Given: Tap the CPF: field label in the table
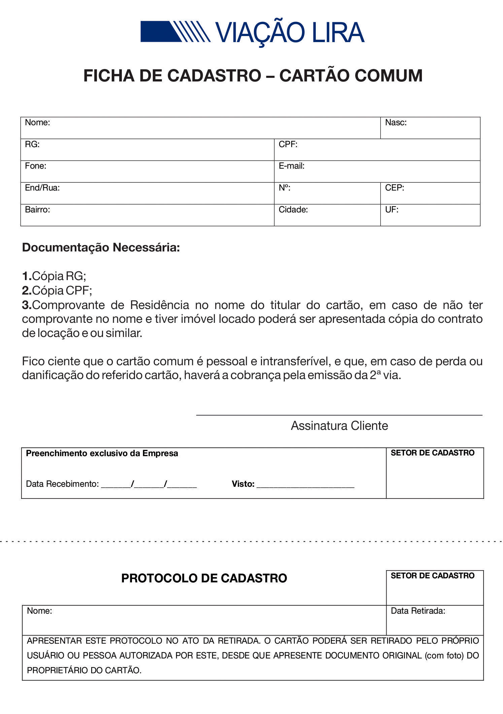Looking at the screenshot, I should click(x=288, y=144).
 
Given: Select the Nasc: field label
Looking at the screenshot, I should click(x=396, y=123).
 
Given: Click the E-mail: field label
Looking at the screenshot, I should click(x=292, y=166).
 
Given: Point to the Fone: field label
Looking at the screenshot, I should click(x=35, y=166).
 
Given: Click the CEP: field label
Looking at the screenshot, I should click(x=394, y=188).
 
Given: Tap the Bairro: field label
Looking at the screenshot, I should click(x=37, y=210).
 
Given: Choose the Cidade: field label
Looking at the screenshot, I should click(x=293, y=210).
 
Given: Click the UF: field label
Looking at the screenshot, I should click(x=392, y=210).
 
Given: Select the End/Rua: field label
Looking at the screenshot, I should click(x=42, y=188).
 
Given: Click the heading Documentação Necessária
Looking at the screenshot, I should click(x=101, y=247).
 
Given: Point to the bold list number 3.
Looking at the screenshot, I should click(x=27, y=305).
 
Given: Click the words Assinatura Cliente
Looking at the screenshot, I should click(x=339, y=426).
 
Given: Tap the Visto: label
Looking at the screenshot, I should click(x=243, y=484).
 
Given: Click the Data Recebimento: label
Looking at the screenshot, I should click(x=62, y=484).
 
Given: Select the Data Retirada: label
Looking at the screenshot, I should click(x=418, y=611).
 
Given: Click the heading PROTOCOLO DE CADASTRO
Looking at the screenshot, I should click(x=204, y=578).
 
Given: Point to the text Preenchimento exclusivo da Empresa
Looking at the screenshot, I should click(x=102, y=453).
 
